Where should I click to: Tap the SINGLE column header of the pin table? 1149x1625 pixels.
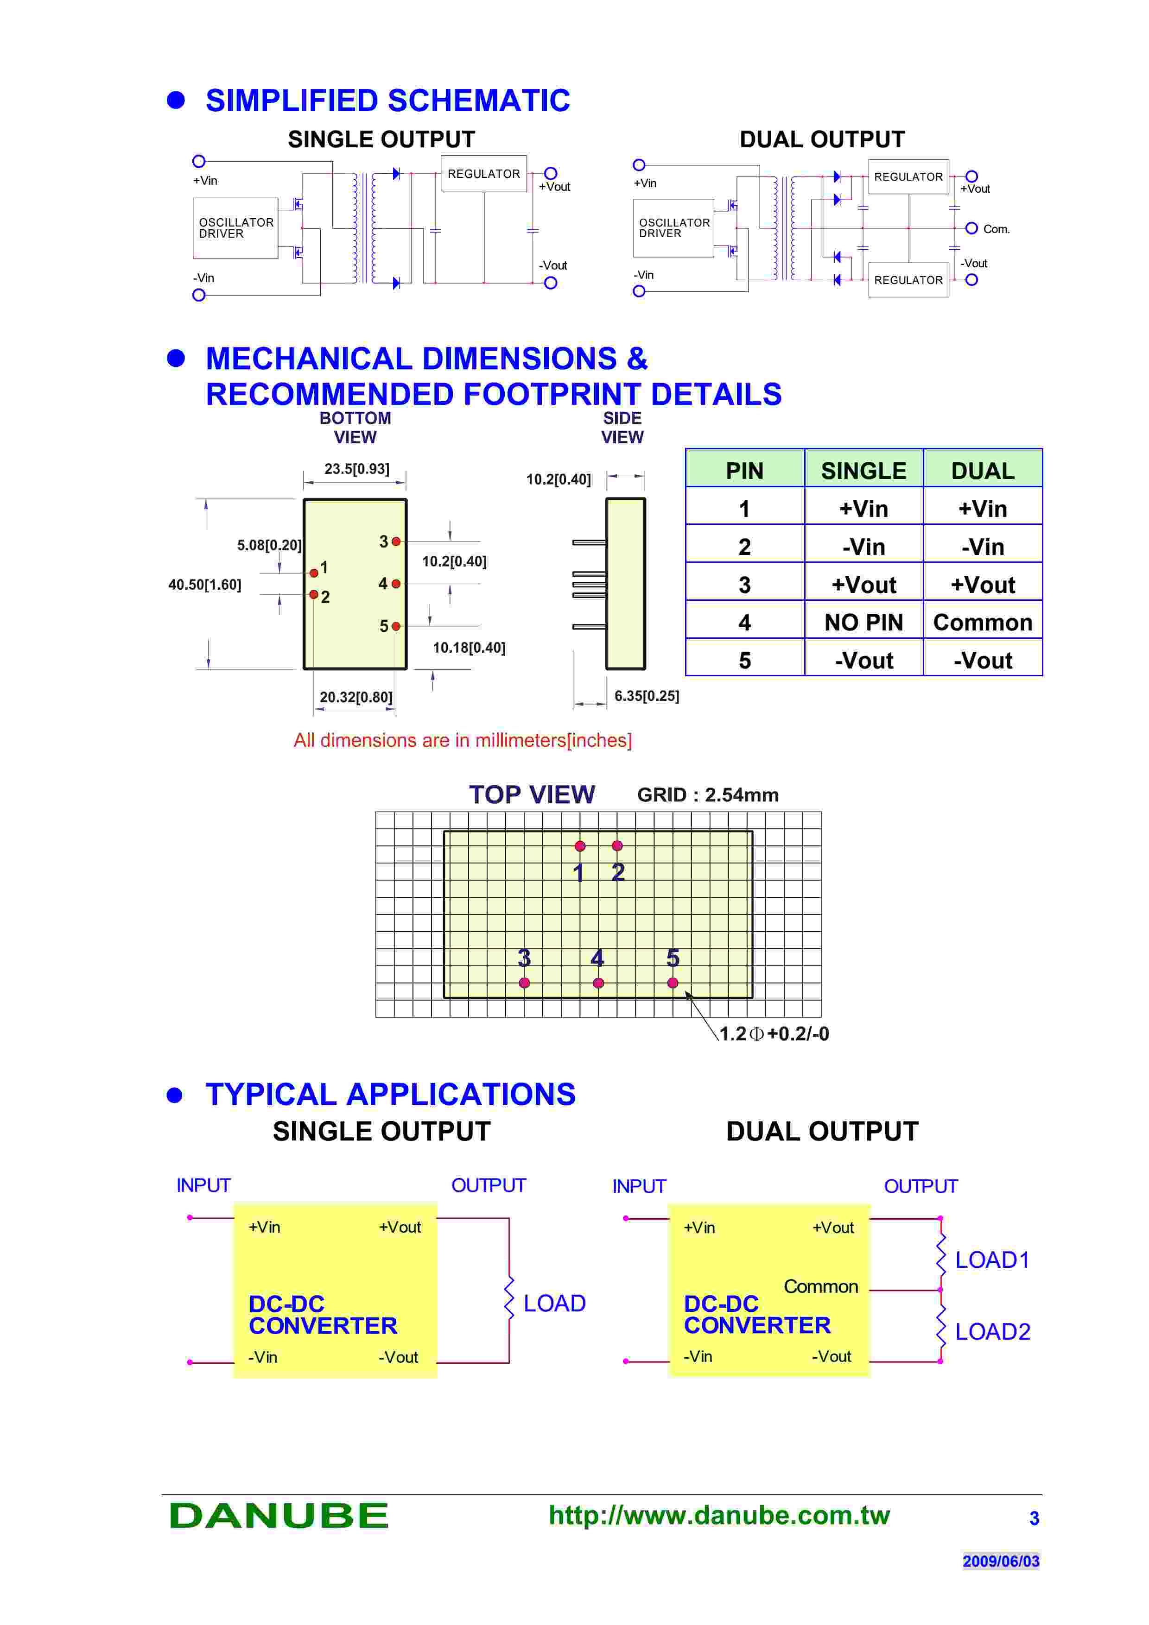(863, 471)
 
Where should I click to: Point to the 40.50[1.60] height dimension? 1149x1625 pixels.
(204, 585)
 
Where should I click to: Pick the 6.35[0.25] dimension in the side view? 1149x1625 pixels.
(647, 696)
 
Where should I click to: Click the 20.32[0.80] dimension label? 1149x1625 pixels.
(356, 697)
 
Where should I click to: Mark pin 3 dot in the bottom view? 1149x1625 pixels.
(396, 542)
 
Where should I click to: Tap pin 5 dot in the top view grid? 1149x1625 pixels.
(673, 983)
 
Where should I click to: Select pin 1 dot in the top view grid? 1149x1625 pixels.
(580, 846)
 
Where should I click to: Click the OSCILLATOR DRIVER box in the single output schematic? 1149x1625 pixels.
(235, 228)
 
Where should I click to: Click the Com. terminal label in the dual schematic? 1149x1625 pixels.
(996, 229)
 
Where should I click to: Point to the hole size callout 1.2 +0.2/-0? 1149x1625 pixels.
(774, 1034)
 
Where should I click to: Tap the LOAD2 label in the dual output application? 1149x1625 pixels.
(992, 1331)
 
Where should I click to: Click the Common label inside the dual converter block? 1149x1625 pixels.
(820, 1286)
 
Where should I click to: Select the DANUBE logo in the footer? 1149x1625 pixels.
(279, 1515)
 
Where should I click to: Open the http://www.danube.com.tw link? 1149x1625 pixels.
(718, 1515)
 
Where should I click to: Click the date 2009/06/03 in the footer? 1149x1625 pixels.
(1000, 1561)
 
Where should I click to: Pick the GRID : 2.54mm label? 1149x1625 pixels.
(707, 795)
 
